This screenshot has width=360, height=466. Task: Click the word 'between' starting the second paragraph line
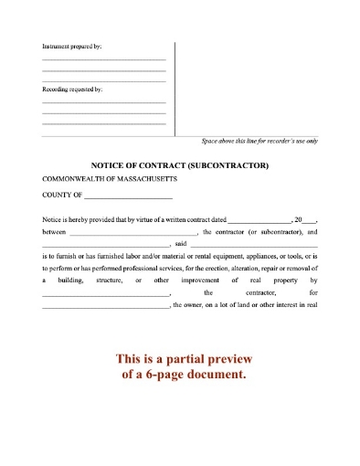coord(54,233)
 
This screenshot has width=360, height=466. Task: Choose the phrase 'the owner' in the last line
coord(192,304)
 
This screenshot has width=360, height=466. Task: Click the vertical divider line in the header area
coord(175,87)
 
